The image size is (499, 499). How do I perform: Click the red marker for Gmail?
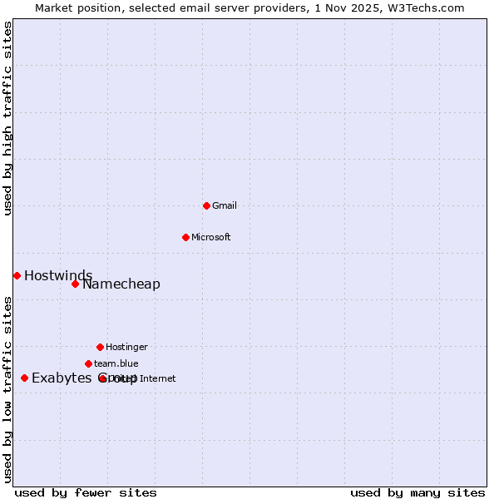click(x=206, y=205)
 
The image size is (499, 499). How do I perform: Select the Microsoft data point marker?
click(x=185, y=237)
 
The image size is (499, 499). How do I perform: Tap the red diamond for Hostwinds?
click(x=17, y=275)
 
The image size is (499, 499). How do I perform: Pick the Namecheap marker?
click(x=75, y=284)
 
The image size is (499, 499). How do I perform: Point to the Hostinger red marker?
click(x=100, y=347)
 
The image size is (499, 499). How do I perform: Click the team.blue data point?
click(x=88, y=363)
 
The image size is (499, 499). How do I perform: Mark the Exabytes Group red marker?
click(x=24, y=378)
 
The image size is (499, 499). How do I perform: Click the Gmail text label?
click(x=225, y=205)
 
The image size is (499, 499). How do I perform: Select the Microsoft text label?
click(x=211, y=237)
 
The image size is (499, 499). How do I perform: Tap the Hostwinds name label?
click(x=58, y=275)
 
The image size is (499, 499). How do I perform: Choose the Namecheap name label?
click(x=121, y=284)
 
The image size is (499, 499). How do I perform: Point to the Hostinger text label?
click(x=126, y=347)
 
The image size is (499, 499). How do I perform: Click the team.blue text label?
click(x=116, y=363)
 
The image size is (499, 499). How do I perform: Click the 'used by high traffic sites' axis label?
click(x=8, y=118)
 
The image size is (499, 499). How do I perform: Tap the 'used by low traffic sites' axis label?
click(x=8, y=388)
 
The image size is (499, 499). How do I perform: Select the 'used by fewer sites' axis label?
click(x=86, y=492)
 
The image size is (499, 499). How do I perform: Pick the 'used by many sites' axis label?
click(x=417, y=492)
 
